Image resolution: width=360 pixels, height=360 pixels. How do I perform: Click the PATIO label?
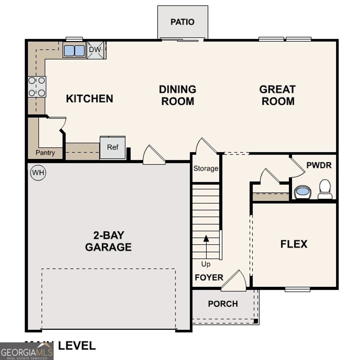click(x=182, y=22)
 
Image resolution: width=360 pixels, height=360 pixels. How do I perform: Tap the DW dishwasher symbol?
click(x=95, y=50)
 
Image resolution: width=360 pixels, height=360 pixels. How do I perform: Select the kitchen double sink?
click(x=75, y=51)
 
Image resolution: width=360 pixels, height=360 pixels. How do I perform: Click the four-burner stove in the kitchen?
click(x=37, y=86)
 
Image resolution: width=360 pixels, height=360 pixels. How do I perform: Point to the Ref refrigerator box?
click(x=112, y=147)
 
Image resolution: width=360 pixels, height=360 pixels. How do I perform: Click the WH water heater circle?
click(x=38, y=173)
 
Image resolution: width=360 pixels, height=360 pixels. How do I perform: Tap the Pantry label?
click(x=45, y=153)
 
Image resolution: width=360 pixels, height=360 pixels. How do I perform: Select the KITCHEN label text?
click(x=90, y=98)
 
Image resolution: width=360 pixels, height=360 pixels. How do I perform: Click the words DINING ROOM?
click(x=178, y=95)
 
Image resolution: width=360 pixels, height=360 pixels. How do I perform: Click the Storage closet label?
click(x=206, y=168)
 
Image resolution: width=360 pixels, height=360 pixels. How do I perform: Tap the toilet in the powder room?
click(x=325, y=190)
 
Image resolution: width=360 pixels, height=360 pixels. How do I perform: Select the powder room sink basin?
click(x=302, y=192)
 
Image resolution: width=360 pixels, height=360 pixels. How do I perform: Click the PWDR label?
click(x=319, y=165)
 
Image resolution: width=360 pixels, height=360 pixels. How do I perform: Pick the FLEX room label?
click(x=294, y=244)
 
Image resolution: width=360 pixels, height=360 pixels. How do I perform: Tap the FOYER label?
click(x=209, y=277)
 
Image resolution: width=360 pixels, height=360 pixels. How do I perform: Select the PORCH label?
click(x=223, y=304)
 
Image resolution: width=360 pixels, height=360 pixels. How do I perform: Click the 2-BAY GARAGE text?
click(x=108, y=241)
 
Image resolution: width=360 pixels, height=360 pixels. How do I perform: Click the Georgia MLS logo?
click(x=27, y=351)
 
